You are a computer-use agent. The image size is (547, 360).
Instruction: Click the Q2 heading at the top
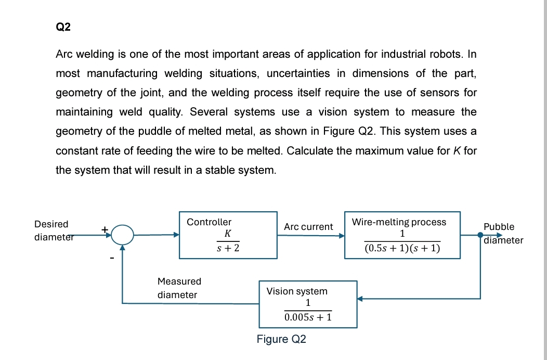pos(63,28)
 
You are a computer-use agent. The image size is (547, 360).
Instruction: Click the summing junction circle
pos(123,235)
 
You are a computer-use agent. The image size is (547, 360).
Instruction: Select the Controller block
pos(228,235)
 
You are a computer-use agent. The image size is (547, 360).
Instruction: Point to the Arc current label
pos(308,227)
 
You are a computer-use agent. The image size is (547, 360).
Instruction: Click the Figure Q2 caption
pos(281,339)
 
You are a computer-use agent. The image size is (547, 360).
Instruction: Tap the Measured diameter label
pos(179,288)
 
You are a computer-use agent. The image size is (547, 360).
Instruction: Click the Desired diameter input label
pos(51,230)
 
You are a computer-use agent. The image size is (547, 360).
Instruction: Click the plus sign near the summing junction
pos(105,228)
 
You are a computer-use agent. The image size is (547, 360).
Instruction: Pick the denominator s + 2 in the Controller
pos(228,249)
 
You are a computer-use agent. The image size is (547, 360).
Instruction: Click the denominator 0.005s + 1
pos(308,316)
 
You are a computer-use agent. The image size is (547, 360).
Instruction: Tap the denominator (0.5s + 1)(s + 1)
pos(402,249)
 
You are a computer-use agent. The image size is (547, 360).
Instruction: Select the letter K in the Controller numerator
pos(228,234)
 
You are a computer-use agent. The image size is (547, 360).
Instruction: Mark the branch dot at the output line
pos(480,235)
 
